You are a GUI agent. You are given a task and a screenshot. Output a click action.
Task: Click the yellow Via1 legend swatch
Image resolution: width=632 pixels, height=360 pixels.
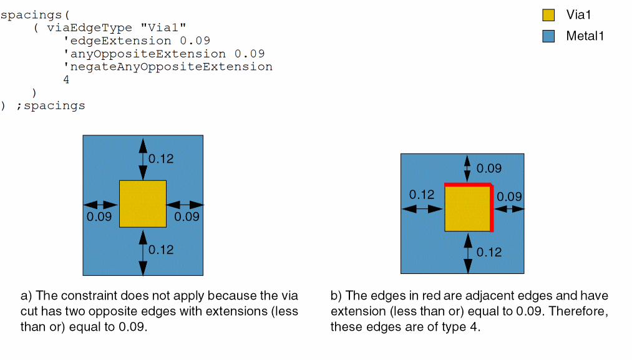[548, 15]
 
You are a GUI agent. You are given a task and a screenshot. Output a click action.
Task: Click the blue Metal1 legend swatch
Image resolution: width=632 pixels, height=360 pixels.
[548, 36]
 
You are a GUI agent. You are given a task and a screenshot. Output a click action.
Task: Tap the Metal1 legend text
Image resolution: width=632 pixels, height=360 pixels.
[585, 36]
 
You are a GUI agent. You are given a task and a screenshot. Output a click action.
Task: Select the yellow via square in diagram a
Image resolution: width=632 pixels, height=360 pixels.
[143, 203]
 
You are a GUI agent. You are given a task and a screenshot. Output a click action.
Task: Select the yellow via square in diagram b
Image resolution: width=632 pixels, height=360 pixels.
[467, 208]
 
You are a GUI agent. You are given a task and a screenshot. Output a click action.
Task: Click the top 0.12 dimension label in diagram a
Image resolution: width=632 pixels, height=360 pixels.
[161, 159]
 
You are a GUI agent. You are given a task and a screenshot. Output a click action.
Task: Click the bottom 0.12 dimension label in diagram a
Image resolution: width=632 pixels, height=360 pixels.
[161, 250]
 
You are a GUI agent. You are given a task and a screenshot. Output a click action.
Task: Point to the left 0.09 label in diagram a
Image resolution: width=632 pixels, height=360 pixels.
[99, 216]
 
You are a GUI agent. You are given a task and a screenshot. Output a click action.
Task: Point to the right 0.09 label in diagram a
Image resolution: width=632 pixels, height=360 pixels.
[187, 216]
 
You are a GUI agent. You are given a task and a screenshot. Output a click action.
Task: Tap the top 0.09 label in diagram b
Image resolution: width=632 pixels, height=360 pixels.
[489, 168]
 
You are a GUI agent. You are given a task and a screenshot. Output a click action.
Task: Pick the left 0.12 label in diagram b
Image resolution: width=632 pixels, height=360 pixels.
[422, 195]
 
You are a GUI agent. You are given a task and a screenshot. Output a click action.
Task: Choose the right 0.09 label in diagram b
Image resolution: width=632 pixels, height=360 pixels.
[509, 197]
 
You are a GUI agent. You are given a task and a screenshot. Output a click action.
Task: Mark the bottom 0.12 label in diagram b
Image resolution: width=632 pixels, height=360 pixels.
[489, 252]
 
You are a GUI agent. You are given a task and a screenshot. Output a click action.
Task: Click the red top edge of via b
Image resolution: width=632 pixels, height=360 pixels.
[468, 185]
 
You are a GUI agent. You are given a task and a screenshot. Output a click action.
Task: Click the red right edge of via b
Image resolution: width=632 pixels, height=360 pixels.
[492, 208]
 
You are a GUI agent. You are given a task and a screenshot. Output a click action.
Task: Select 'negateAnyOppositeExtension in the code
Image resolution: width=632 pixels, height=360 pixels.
[168, 67]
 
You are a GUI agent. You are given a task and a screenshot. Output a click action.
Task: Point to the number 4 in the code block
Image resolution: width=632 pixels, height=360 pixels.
[66, 80]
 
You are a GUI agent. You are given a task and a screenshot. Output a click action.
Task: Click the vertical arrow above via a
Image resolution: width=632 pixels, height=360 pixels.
[143, 158]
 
